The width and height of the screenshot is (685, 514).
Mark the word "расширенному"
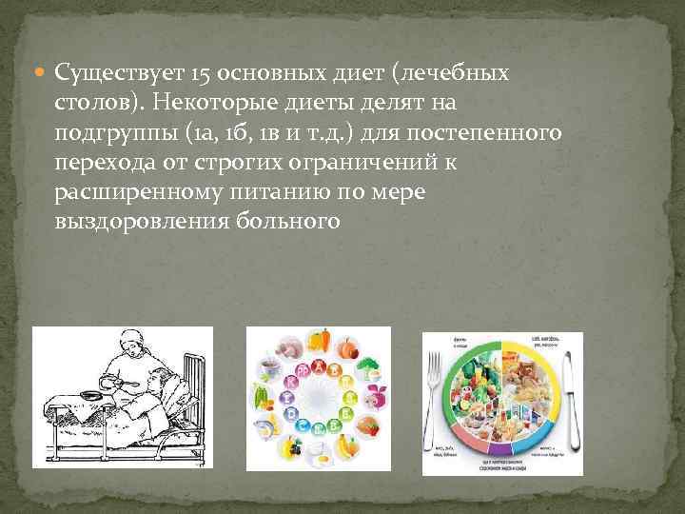(138, 193)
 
